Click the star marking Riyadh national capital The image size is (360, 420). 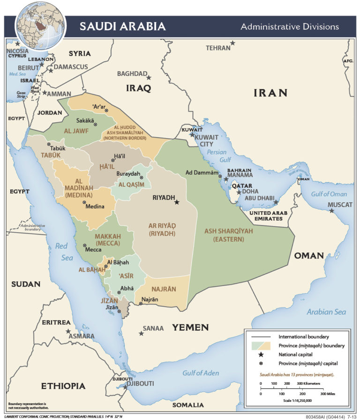click(177, 202)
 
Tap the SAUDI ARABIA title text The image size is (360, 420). click(122, 26)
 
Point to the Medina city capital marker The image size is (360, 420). click(84, 202)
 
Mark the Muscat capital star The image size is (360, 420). click(332, 211)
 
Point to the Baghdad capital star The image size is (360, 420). click(149, 77)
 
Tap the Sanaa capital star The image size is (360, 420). click(141, 333)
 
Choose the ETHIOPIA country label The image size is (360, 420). click(63, 386)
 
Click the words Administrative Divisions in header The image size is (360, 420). click(289, 27)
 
